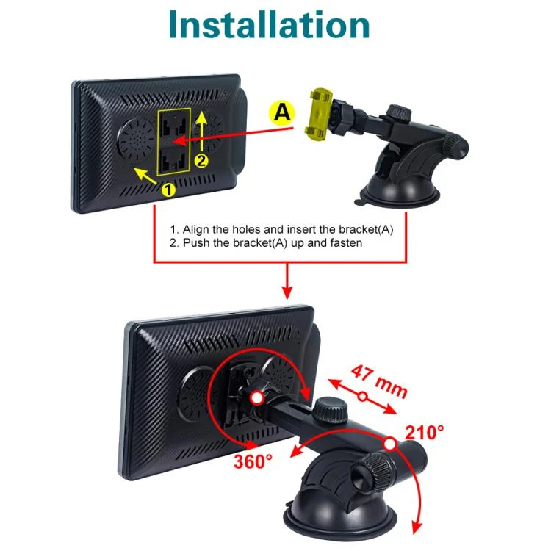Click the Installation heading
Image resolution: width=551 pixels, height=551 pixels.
pos(269,24)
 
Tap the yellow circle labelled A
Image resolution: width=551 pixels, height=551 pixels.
pos(281,112)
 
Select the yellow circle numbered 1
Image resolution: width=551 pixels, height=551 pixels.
pos(168,190)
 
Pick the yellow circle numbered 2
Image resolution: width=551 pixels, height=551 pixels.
pos(201,161)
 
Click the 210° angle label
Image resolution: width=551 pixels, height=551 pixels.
pos(424,432)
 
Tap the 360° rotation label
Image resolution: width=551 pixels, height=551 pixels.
pos(253,461)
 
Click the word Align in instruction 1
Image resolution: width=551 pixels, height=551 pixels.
pos(196,230)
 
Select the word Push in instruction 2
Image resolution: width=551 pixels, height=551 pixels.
pos(195,243)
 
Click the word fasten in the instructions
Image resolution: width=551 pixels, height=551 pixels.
pos(345,243)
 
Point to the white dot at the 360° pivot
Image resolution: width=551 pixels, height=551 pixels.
pos(257,398)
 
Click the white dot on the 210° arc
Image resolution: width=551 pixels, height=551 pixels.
pos(390,444)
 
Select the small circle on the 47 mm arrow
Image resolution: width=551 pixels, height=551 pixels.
pos(363,397)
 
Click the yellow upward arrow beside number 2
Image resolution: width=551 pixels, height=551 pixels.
pos(202,131)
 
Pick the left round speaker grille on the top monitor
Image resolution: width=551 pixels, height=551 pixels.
pos(137,139)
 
